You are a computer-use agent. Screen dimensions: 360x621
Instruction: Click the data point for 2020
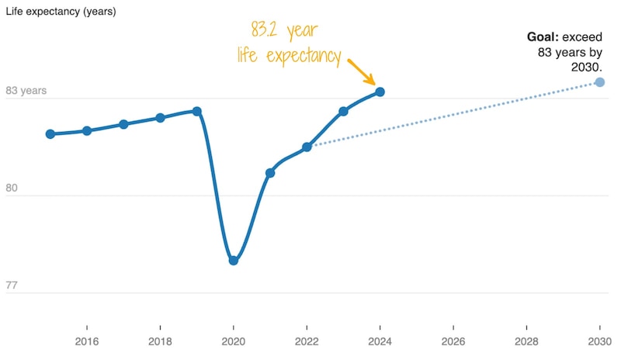[x=234, y=261]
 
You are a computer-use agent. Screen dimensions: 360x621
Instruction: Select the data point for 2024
[x=380, y=92]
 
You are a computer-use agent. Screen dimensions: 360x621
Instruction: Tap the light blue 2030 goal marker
[x=599, y=81]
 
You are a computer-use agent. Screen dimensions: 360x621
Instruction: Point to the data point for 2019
[x=197, y=111]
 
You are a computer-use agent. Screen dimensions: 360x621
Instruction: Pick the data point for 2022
[x=307, y=147]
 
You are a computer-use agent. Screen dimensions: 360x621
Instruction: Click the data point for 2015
[x=50, y=134]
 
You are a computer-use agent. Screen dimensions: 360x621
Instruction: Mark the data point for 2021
[x=270, y=172]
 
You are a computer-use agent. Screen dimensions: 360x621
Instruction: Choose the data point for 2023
[x=343, y=111]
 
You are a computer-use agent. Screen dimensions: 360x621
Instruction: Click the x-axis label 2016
[x=87, y=341]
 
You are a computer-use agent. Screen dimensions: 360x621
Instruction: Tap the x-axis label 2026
[x=453, y=341]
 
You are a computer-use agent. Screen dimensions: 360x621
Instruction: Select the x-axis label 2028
[x=526, y=341]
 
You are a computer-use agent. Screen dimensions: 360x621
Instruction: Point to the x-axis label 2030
[x=599, y=341]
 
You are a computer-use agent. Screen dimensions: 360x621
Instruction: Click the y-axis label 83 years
[x=26, y=91]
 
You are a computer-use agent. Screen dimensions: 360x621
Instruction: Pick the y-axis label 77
[x=12, y=286]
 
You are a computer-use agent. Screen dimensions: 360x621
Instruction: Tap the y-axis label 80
[x=12, y=189]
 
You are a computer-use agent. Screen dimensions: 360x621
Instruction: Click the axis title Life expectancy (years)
[x=61, y=10]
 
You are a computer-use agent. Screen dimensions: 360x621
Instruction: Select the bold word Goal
[x=543, y=36]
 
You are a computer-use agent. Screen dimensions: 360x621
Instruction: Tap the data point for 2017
[x=123, y=124]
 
